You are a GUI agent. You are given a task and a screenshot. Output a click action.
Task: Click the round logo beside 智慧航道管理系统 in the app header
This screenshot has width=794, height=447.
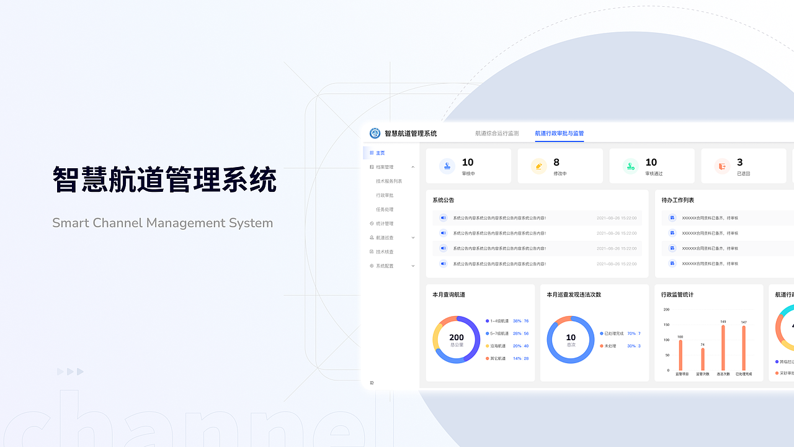pos(375,133)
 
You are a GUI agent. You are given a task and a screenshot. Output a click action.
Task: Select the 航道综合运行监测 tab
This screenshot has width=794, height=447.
pos(497,133)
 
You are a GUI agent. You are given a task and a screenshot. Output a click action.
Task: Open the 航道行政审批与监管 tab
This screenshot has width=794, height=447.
pos(559,133)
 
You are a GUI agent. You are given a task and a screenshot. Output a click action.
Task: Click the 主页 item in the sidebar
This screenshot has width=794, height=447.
pos(380,153)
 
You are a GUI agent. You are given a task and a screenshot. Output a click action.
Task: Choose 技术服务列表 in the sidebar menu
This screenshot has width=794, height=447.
pos(389,181)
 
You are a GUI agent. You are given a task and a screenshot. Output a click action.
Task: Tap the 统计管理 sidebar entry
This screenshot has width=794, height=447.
pos(385,223)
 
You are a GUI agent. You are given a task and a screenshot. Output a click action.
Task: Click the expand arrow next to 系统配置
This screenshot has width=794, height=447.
pos(413,266)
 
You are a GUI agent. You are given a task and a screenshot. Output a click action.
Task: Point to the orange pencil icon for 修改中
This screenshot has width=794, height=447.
pos(538,166)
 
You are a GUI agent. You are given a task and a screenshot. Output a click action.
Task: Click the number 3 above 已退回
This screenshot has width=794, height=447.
pos(739,163)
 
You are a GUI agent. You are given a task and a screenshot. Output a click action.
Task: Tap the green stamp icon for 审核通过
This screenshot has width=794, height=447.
pos(630,166)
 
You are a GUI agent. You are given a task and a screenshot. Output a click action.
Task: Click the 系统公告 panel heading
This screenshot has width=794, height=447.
pos(444,200)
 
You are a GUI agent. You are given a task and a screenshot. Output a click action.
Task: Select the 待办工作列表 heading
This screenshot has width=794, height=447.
pos(677,200)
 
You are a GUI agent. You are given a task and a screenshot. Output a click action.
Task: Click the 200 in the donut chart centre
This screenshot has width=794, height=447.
pos(457,338)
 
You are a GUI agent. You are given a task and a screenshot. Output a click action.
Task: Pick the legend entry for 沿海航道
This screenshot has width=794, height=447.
pos(499,346)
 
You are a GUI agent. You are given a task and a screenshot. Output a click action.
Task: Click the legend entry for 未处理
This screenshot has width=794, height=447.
pos(610,346)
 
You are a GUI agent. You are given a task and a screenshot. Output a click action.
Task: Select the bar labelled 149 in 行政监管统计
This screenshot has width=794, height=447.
pos(723,348)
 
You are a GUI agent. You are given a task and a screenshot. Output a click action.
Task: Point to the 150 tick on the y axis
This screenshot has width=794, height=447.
pos(666,325)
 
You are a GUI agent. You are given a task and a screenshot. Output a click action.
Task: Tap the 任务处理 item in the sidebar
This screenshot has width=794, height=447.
pos(385,209)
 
